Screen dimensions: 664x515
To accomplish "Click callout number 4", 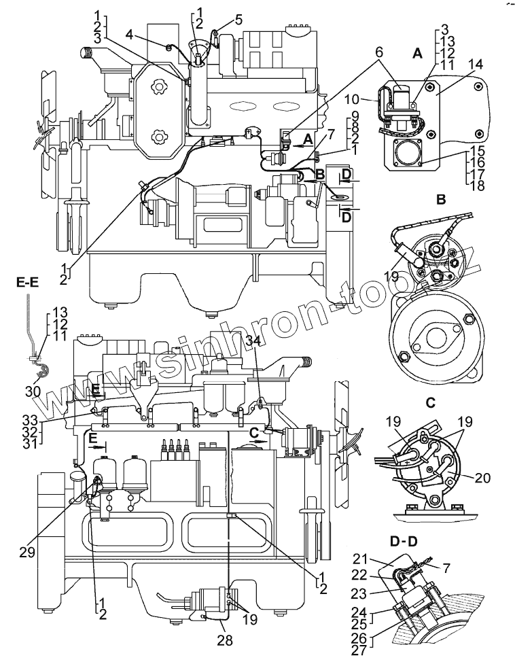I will click(x=129, y=33).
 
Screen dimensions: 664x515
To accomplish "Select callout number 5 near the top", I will click(x=238, y=19).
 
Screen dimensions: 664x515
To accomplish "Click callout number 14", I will click(x=476, y=65).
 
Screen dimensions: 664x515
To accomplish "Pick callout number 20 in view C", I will click(x=483, y=478).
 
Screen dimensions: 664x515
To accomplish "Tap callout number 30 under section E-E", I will click(x=33, y=391).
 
